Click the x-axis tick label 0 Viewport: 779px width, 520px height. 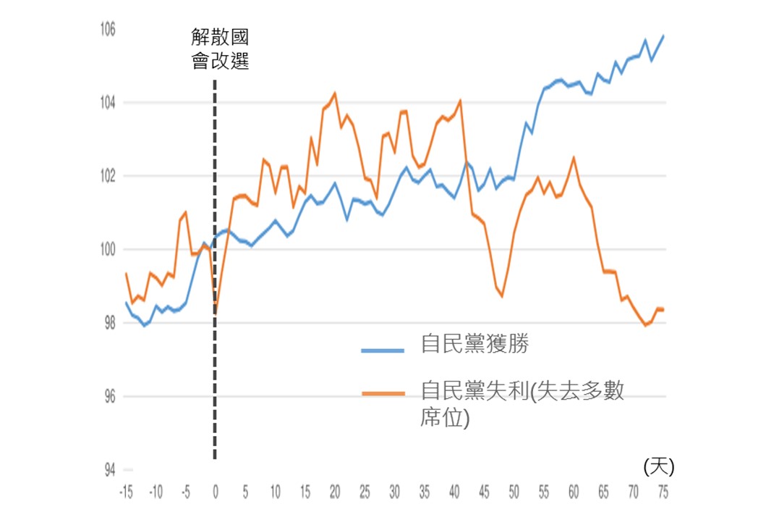point(215,493)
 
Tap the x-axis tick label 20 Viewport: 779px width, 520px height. point(334,493)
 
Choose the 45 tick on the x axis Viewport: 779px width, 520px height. point(483,493)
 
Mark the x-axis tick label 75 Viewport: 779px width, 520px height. point(662,493)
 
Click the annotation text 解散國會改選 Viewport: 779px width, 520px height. point(220,49)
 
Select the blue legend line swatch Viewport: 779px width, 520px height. point(383,350)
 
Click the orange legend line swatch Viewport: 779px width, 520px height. point(383,393)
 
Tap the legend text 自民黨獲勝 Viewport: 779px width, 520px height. point(474,344)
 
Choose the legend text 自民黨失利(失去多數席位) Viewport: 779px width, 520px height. point(521,403)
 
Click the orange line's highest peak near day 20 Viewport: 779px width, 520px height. point(335,93)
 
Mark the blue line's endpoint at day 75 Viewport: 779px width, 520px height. point(663,35)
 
